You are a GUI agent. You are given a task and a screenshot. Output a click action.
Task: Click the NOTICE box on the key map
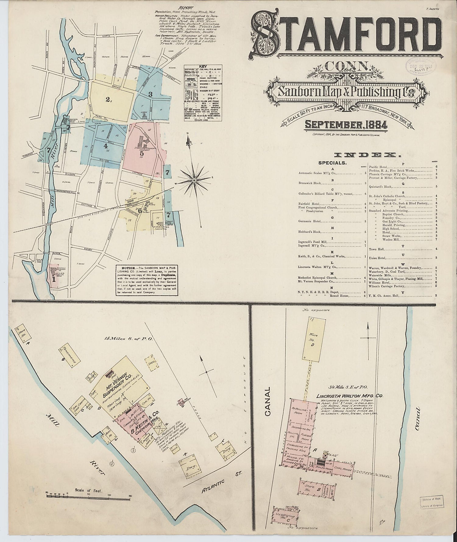(x=147, y=280)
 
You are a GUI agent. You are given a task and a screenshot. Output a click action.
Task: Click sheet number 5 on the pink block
(x=142, y=153)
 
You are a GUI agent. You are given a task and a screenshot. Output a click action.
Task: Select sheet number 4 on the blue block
(x=105, y=146)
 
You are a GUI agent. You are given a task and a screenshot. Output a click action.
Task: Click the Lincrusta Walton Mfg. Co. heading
(x=349, y=396)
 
